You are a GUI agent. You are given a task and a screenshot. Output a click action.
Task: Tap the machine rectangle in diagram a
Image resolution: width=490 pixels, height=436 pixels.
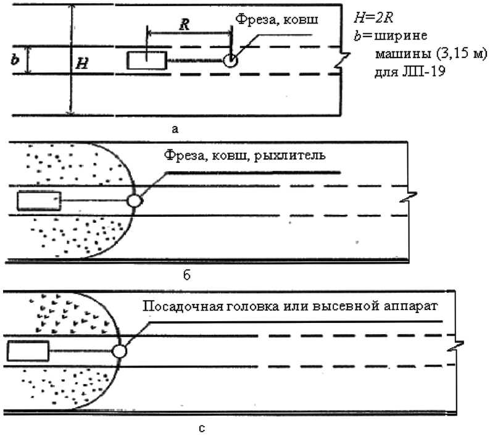click(x=147, y=60)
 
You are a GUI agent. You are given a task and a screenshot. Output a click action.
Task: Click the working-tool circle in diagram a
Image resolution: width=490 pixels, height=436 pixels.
click(x=230, y=60)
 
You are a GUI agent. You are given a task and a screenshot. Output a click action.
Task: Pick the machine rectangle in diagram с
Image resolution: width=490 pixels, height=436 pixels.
click(x=28, y=351)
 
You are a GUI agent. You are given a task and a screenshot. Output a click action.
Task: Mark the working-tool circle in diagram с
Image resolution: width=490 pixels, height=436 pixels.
click(x=120, y=351)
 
